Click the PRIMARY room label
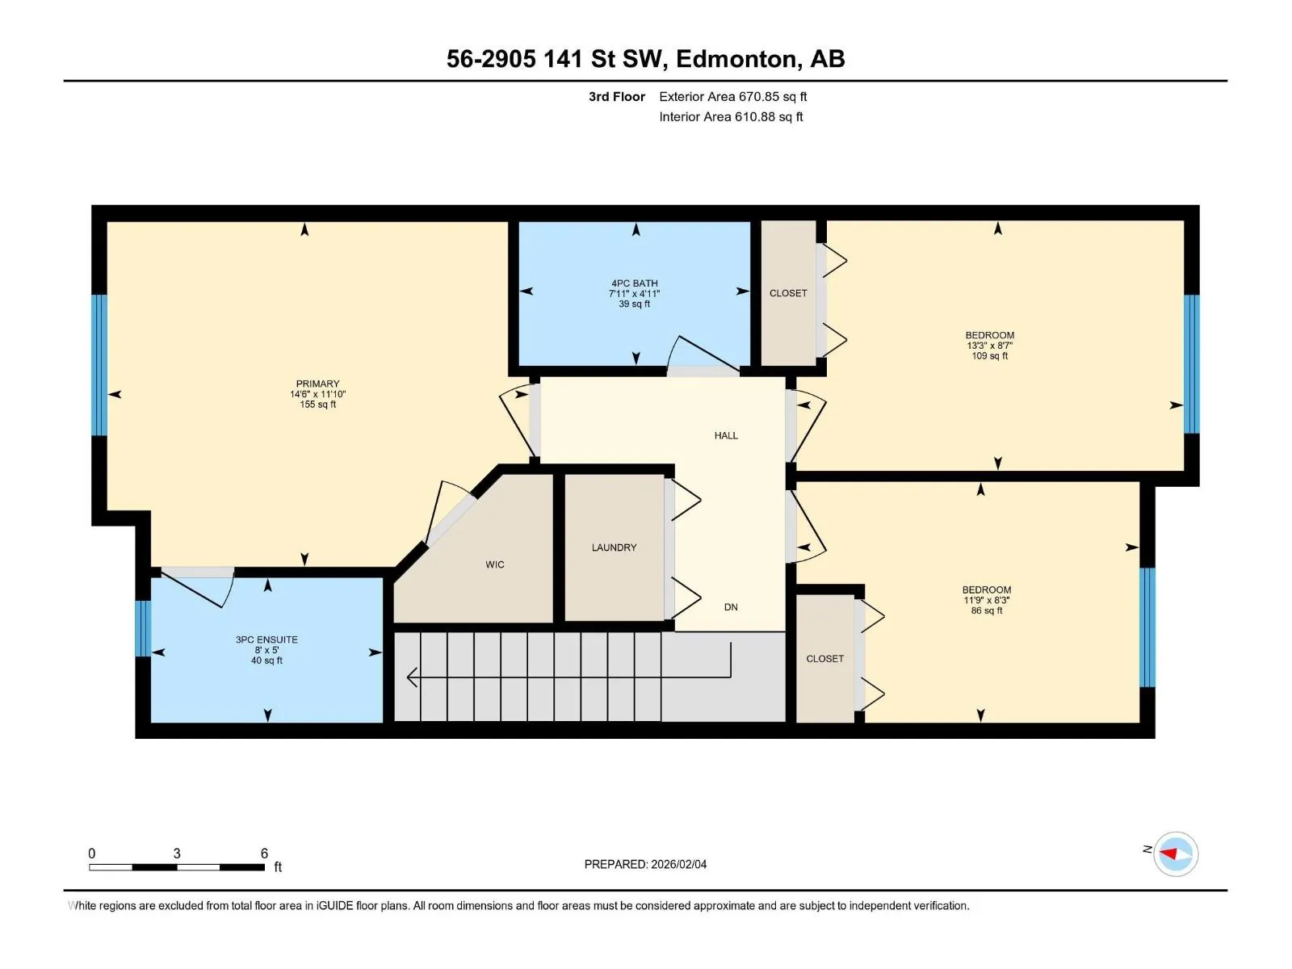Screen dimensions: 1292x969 pos(317,384)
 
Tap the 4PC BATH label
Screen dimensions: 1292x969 pos(634,283)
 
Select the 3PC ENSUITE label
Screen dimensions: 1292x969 pos(266,640)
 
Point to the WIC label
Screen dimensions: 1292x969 pos(494,564)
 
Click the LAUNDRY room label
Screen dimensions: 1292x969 pos(614,547)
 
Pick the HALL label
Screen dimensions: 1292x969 pos(726,435)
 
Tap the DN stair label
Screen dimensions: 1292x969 pos(731,607)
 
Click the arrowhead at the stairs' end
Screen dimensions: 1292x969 pos(412,677)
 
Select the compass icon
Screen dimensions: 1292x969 pos(1175,854)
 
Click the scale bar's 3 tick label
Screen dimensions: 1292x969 pos(177,853)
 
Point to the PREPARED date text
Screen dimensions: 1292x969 pos(645,864)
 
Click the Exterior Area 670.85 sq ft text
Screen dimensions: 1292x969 pos(733,96)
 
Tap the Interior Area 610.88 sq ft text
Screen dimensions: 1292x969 pos(731,116)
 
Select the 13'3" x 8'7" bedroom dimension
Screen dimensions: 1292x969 pos(989,346)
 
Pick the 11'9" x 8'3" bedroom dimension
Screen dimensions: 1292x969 pos(986,600)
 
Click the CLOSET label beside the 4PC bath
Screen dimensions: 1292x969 pos(788,293)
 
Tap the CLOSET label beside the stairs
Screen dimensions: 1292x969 pos(824,659)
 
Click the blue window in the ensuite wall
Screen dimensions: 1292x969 pos(143,628)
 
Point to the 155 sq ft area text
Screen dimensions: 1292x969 pos(318,405)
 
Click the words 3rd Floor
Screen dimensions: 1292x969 pos(616,96)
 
